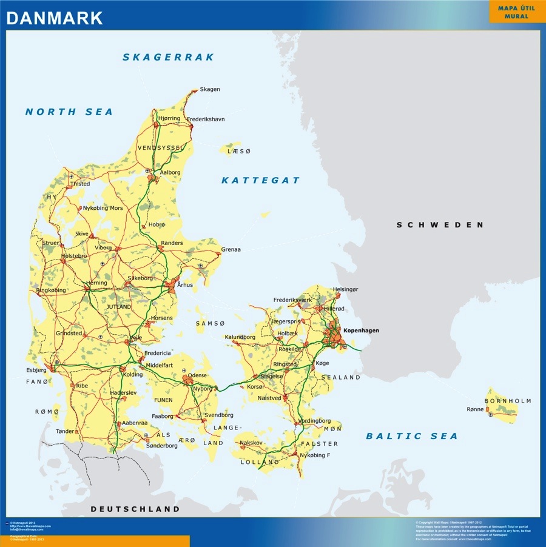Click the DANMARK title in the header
[x=55, y=18]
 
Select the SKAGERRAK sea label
[x=169, y=57]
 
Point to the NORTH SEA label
[x=69, y=112]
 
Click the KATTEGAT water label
[x=260, y=180]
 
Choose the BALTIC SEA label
[x=411, y=436]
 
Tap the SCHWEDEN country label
[x=440, y=225]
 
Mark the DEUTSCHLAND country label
[x=135, y=509]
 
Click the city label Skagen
[x=210, y=89]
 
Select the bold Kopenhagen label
[x=361, y=331]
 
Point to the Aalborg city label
[x=170, y=172]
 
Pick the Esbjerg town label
[x=36, y=369]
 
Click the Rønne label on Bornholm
[x=475, y=409]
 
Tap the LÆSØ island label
[x=238, y=151]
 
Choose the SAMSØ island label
[x=210, y=324]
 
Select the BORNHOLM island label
[x=508, y=401]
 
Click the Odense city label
[x=198, y=375]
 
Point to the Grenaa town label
[x=231, y=249]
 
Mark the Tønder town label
[x=65, y=431]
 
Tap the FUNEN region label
[x=163, y=400]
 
